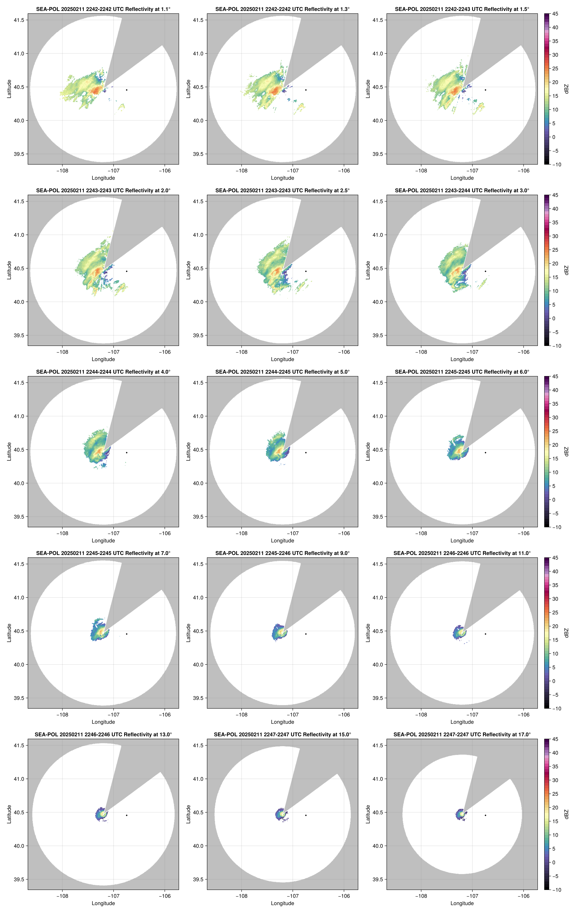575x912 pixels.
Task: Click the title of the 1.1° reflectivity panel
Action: pos(103,9)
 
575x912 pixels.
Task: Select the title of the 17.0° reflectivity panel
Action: pos(462,734)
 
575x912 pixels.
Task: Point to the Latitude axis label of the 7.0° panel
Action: pos(9,633)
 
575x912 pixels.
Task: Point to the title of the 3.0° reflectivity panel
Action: pos(462,191)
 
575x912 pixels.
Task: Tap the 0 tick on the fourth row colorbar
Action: pos(554,681)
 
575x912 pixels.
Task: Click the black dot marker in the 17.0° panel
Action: pos(485,815)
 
